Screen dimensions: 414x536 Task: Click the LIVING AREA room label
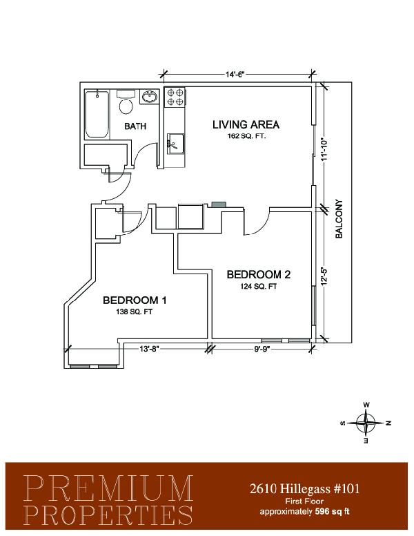246,124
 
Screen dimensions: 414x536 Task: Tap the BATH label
135,126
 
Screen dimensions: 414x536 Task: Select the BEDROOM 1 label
135,300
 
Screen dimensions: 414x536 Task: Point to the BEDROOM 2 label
259,274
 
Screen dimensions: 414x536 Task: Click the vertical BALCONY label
339,219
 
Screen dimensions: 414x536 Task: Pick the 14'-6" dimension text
236,75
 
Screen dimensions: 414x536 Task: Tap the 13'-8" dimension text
149,349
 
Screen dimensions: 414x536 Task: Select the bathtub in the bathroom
97,114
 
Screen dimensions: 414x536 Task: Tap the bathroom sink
150,97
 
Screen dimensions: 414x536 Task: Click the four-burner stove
175,97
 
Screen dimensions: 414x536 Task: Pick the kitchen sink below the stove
175,144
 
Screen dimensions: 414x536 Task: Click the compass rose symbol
366,423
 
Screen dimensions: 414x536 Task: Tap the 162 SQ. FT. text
246,136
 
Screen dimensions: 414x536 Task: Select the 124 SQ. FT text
259,287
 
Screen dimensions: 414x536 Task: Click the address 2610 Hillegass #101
304,489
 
